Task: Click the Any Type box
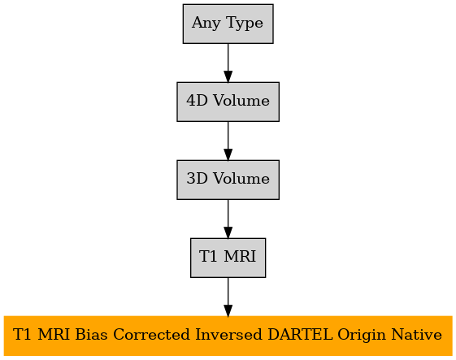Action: pos(228,24)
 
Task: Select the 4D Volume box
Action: pos(228,102)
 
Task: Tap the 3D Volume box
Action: pos(228,180)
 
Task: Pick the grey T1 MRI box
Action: pos(228,258)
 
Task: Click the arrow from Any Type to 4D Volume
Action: pos(228,63)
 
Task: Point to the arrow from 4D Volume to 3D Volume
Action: pos(228,141)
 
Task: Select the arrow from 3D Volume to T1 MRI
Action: pos(228,219)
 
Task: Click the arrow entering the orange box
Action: pos(228,297)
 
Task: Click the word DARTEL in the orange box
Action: pos(300,335)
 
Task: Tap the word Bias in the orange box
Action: pos(91,335)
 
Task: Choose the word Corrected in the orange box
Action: pos(151,335)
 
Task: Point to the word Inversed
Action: pos(228,335)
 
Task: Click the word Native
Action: pos(416,335)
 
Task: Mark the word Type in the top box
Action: pos(245,24)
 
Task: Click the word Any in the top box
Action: pos(206,24)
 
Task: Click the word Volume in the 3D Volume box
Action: pos(241,179)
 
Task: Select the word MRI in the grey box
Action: pos(240,257)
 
